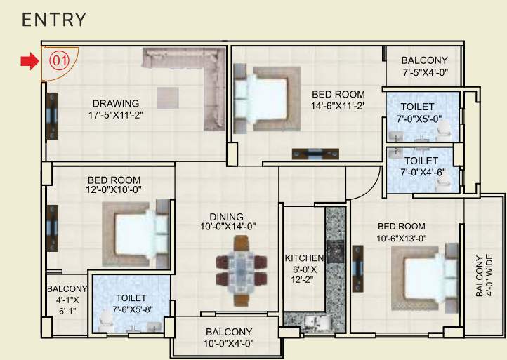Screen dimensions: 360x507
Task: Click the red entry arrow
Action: pyautogui.click(x=28, y=62)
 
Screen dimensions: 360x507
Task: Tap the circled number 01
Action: pyautogui.click(x=59, y=60)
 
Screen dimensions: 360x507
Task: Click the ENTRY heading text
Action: pyautogui.click(x=54, y=20)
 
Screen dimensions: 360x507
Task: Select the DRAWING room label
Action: pyautogui.click(x=114, y=104)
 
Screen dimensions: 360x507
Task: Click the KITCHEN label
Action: pyautogui.click(x=304, y=258)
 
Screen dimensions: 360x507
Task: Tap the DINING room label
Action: pyautogui.click(x=226, y=217)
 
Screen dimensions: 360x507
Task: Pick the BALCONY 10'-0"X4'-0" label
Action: pyautogui.click(x=230, y=338)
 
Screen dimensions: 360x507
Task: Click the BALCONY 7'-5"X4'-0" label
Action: pyautogui.click(x=425, y=66)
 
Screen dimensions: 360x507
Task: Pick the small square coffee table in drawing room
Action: pyautogui.click(x=168, y=96)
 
